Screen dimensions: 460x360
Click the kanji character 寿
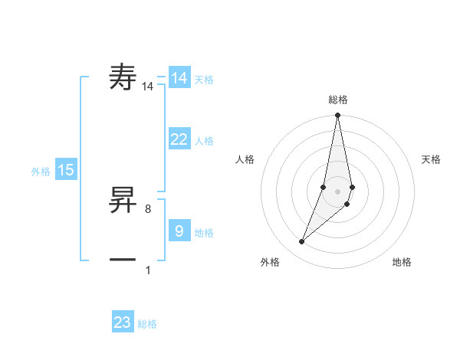(123, 77)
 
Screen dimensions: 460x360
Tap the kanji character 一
(123, 260)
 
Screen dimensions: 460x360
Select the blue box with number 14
(179, 78)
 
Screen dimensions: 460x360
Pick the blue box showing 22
(179, 139)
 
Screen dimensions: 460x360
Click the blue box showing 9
(179, 231)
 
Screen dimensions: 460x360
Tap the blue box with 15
(66, 170)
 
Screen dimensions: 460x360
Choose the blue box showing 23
(123, 322)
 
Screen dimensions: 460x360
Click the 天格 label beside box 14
(204, 80)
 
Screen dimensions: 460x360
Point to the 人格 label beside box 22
(204, 141)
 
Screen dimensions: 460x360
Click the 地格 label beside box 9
(204, 232)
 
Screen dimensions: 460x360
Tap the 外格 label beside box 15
(41, 172)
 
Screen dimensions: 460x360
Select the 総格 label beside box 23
(147, 324)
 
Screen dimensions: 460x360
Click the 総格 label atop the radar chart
(337, 100)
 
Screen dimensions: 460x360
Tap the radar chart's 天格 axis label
(431, 159)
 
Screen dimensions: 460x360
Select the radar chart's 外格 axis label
(270, 263)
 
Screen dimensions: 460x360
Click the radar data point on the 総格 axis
(337, 116)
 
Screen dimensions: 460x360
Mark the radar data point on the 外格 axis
(301, 242)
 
